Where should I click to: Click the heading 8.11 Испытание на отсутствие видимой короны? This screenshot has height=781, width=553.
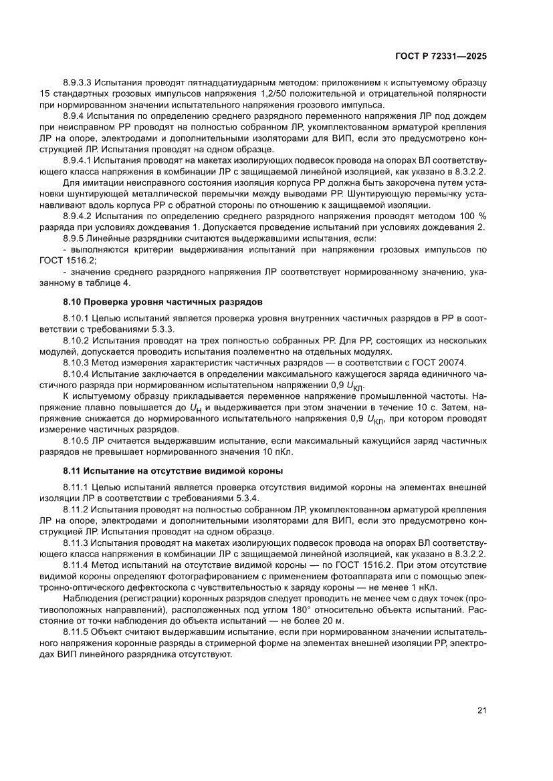[x=173, y=472]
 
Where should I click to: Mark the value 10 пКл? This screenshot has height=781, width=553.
[x=280, y=452]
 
